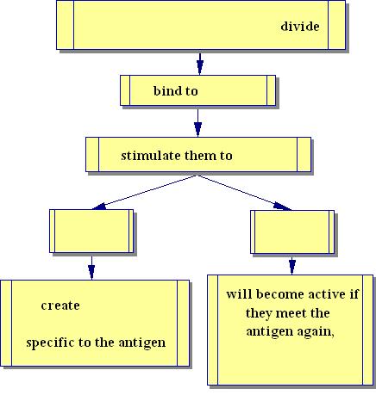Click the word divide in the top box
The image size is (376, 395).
coord(300,26)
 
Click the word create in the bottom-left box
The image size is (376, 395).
coord(60,306)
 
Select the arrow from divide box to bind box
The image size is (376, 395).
coord(200,63)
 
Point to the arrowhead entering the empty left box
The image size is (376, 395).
coord(99,207)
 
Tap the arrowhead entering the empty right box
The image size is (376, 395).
coord(282,207)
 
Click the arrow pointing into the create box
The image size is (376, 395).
coord(91,267)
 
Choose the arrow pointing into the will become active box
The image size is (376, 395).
coord(292,265)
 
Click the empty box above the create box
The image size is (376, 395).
coord(91,231)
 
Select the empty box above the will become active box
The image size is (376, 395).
coord(292,231)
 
